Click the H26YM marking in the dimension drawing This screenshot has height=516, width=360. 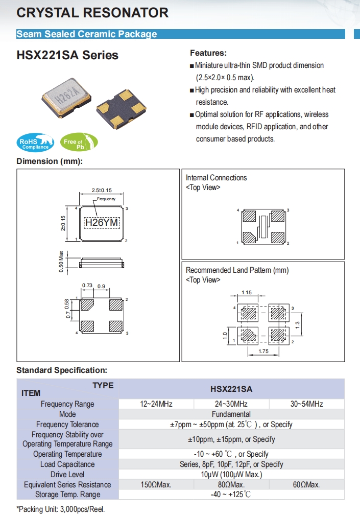[101, 223]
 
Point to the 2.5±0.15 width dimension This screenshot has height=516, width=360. [101, 190]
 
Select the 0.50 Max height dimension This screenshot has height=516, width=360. [61, 261]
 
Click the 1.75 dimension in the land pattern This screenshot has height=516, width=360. [263, 351]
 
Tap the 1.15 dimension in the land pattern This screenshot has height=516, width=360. [247, 292]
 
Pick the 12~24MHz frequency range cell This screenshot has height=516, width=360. [156, 404]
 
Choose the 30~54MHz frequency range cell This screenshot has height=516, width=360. [306, 404]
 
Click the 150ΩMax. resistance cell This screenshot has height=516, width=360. [156, 484]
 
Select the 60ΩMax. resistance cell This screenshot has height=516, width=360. [306, 484]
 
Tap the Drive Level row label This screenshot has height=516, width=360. [67, 475]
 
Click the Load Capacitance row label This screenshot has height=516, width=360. [67, 464]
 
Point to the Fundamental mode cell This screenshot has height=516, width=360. [231, 414]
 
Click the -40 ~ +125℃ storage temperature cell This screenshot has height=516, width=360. [231, 495]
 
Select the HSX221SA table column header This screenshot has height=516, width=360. [231, 389]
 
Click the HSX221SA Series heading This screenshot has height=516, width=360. [67, 55]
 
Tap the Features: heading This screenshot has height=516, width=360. [208, 53]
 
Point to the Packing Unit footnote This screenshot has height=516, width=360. [60, 509]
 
